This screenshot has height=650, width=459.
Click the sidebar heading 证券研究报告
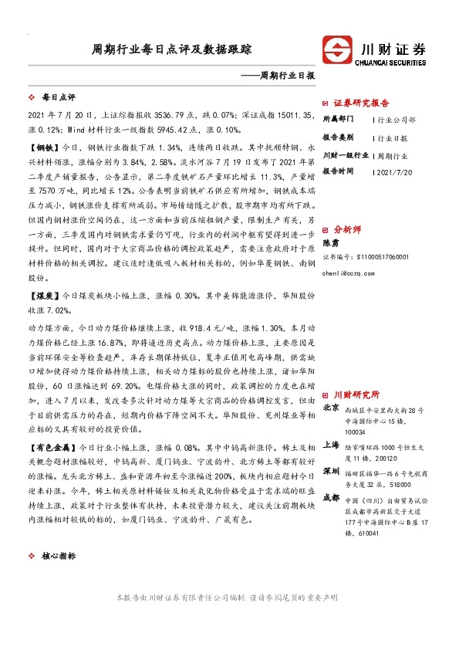coord(361,102)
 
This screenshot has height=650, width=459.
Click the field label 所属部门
coord(337,120)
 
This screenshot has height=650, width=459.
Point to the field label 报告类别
coord(337,137)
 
